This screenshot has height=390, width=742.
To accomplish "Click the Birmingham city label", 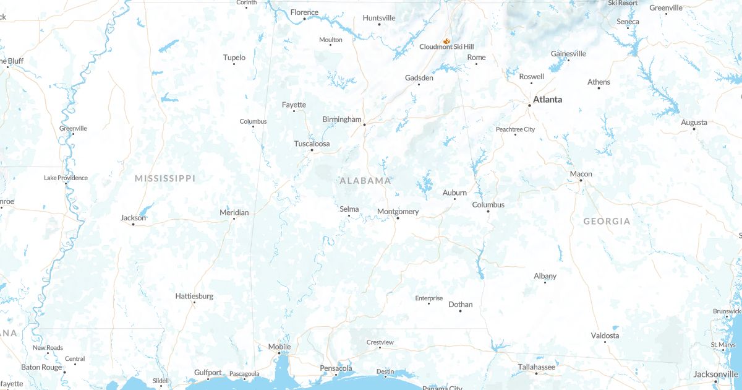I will coord(341,119).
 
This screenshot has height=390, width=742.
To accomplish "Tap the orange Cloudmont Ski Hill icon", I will coord(446,41).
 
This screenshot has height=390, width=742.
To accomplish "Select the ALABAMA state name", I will coord(365,181).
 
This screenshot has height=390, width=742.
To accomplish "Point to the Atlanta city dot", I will coord(529,105).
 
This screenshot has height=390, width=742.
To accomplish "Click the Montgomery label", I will coord(398,212).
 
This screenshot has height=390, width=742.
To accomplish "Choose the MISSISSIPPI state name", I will coord(165,178).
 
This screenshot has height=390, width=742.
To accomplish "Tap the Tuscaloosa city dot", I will coord(312,150).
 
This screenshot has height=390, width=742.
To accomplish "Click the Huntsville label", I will coord(379,17).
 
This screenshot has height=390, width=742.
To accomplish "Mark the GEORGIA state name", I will coord(607,221).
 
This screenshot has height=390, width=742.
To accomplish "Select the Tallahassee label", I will coord(536,367).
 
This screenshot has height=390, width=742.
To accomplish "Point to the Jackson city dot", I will coord(133,224).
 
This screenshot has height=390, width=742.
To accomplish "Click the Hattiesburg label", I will coord(194,296).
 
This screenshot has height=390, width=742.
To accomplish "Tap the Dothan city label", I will coord(460,304).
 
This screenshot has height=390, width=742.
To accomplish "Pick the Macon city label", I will coord(581,174).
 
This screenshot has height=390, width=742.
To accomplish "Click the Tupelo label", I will coord(234,58).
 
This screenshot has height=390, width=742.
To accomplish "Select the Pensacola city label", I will coord(336,368).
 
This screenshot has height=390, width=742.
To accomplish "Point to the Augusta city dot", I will coord(694,129).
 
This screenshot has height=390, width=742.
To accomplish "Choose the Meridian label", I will coord(234,212).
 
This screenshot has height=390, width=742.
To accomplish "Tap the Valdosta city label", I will coord(605,336).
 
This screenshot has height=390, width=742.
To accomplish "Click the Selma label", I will coord(349,209).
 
